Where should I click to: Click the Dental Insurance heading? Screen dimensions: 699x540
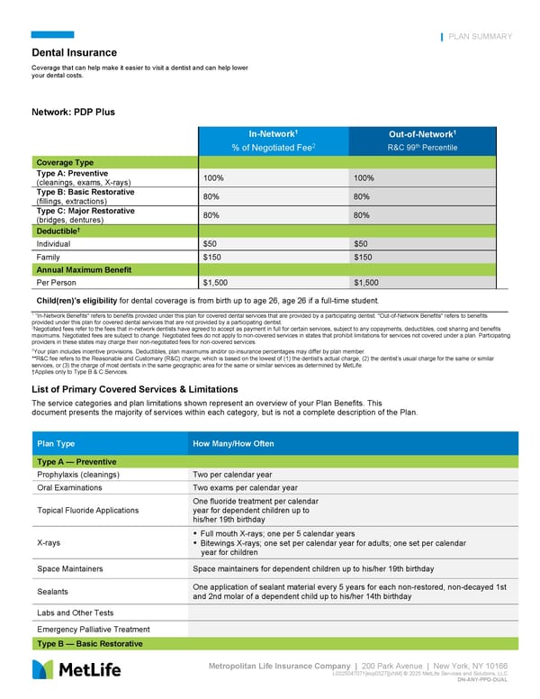pyautogui.click(x=75, y=53)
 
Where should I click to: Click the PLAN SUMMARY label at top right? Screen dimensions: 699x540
pyautogui.click(x=480, y=37)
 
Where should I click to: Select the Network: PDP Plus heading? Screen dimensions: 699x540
pyautogui.click(x=73, y=113)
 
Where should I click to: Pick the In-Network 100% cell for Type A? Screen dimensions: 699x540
pyautogui.click(x=214, y=178)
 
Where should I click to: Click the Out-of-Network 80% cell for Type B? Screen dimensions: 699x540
pyautogui.click(x=363, y=197)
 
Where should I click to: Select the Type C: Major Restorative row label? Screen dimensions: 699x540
pyautogui.click(x=85, y=211)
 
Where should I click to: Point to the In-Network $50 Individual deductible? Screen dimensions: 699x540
pyautogui.click(x=211, y=244)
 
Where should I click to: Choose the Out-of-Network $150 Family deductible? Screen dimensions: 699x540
pyautogui.click(x=364, y=257)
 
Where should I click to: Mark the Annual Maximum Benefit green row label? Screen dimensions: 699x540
pyautogui.click(x=84, y=269)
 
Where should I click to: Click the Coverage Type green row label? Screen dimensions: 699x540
pyautogui.click(x=65, y=162)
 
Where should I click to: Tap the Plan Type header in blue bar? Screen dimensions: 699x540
pyautogui.click(x=56, y=444)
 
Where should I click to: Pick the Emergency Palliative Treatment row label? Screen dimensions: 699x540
pyautogui.click(x=94, y=629)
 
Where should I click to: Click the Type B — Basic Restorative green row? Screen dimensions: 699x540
pyautogui.click(x=89, y=644)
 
